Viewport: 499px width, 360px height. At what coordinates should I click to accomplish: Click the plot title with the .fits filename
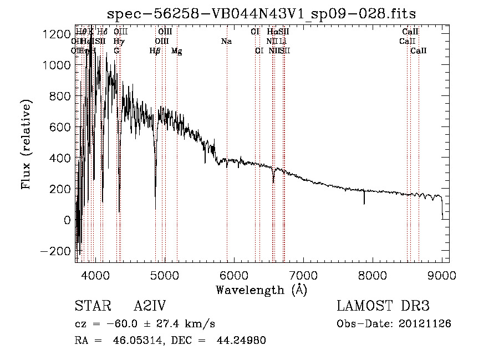click(261, 13)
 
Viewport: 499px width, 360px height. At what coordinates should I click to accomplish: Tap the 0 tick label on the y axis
click(67, 220)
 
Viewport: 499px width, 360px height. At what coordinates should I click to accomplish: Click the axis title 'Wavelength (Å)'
click(261, 290)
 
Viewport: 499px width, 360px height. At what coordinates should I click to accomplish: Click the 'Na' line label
click(226, 41)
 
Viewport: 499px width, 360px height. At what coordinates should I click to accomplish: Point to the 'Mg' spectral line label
click(176, 51)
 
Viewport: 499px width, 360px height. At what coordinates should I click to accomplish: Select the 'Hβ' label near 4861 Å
click(155, 51)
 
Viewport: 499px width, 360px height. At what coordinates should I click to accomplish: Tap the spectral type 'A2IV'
click(150, 306)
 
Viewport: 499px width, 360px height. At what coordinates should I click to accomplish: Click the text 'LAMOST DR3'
click(383, 306)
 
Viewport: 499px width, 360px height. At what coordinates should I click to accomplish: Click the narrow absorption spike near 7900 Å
click(364, 199)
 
